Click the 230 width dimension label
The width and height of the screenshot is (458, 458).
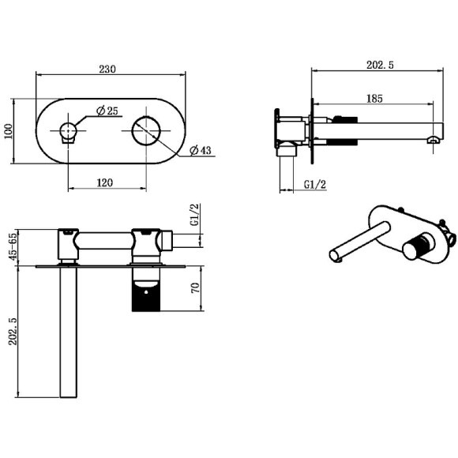coord(107,69)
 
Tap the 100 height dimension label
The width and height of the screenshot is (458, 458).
coord(9,131)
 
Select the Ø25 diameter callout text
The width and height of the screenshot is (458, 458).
coord(107,111)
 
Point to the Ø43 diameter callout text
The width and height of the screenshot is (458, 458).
coord(200,150)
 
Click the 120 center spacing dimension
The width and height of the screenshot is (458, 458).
coord(104,183)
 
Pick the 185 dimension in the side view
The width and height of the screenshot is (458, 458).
coord(374,99)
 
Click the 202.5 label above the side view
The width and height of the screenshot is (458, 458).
coord(380,65)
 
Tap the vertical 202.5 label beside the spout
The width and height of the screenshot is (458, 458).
coord(13,332)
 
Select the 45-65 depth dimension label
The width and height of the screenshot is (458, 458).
coord(13,246)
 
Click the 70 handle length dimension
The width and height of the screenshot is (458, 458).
coord(195,288)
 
